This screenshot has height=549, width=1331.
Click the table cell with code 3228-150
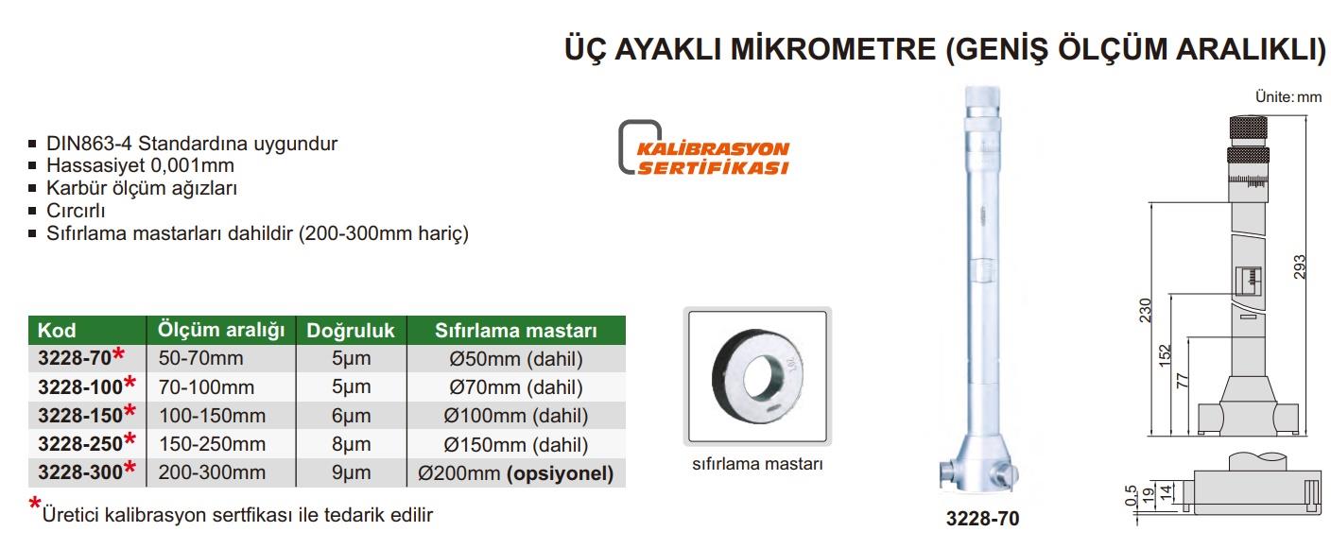87,415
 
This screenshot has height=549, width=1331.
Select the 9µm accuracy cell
351,472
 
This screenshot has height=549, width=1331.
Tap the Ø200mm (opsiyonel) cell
516,473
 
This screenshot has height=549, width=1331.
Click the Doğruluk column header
351,331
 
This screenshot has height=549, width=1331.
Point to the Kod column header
87,331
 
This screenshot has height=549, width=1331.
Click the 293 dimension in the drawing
1300,266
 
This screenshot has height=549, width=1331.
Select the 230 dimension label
1145,311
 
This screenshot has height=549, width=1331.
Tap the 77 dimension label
1183,380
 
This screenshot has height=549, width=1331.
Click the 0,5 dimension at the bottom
1131,495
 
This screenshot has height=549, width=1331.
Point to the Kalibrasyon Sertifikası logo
704,148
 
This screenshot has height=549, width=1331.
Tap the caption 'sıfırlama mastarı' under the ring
757,463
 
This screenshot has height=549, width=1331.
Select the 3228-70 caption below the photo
982,519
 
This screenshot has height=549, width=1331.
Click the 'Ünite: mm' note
1288,96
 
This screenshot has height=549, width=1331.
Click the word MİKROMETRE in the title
833,49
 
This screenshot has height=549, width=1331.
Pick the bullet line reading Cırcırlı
76,211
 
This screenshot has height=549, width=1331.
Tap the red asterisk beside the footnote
34,504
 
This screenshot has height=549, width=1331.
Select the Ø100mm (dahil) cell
516,416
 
